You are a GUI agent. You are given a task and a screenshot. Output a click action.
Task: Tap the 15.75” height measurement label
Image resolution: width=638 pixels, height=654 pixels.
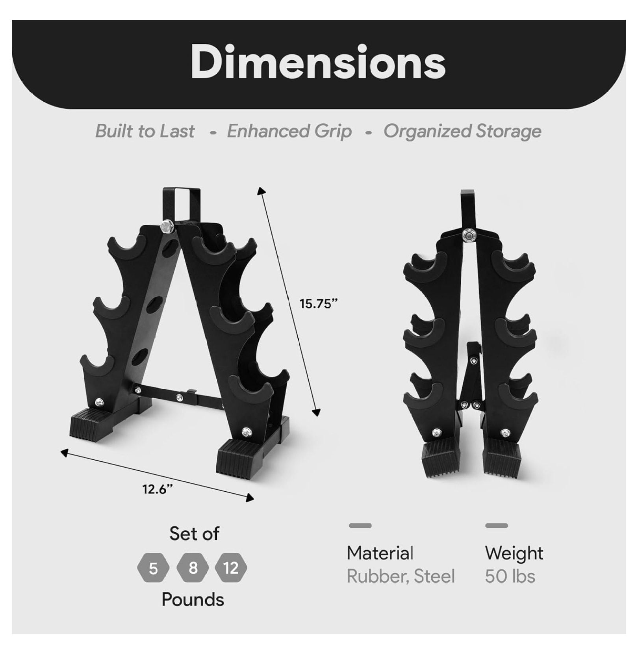click(319, 304)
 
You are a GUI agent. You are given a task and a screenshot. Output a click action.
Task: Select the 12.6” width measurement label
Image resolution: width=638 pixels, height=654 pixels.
click(158, 489)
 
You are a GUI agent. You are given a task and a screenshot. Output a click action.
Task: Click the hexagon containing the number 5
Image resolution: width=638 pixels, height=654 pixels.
click(153, 569)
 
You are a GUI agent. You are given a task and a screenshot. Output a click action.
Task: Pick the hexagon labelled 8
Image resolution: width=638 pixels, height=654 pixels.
click(193, 568)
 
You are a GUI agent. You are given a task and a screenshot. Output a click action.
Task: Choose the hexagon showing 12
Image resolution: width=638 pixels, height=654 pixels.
click(231, 568)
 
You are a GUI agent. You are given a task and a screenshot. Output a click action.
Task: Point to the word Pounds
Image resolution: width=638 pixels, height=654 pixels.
click(193, 599)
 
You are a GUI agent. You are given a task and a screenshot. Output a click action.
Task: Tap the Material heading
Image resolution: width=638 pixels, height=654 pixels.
click(380, 553)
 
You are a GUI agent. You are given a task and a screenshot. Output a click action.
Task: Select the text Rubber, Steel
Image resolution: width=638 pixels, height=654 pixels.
click(401, 576)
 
